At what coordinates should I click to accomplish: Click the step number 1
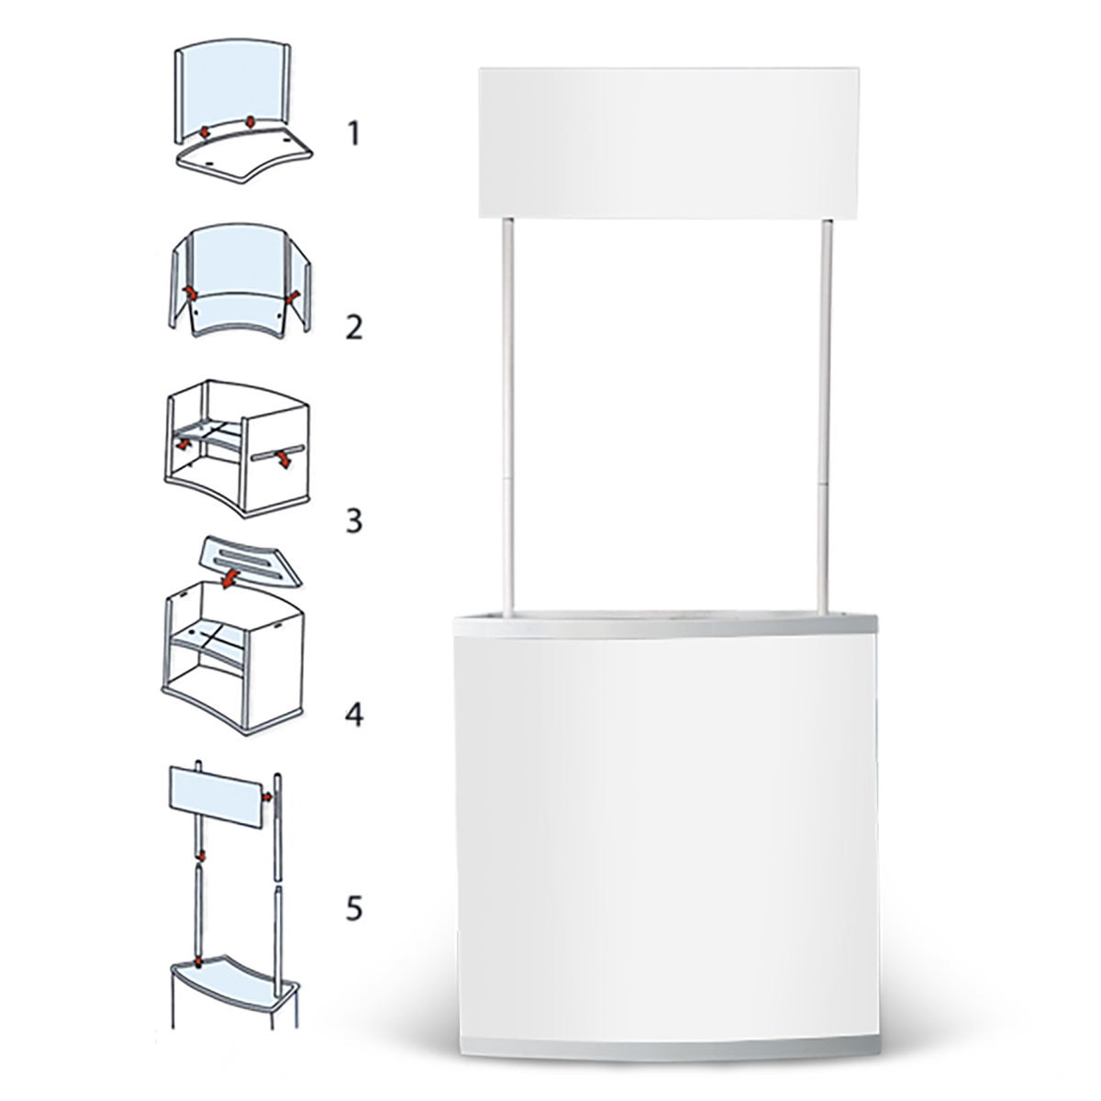click(x=354, y=134)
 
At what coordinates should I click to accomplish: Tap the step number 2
click(x=354, y=328)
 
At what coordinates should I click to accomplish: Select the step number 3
click(x=354, y=521)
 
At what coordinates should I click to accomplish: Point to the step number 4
click(x=354, y=715)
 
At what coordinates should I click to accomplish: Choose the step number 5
click(x=354, y=908)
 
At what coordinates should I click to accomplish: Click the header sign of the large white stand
click(x=669, y=143)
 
